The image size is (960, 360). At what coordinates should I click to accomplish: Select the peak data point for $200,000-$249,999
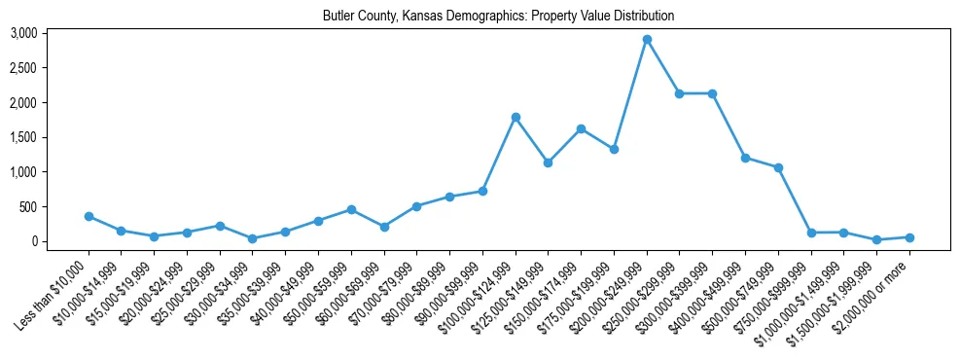pos(647,40)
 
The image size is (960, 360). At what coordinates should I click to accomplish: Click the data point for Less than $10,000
pos(89,216)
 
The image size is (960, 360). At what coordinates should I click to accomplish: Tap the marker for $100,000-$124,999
pos(516,117)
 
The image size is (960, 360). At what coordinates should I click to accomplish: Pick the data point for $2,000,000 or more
pos(909,237)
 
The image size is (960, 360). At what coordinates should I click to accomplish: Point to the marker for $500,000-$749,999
pos(778,167)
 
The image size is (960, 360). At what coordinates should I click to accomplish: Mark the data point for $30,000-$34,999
pos(253,238)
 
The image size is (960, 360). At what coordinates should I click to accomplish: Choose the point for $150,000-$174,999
pos(581,128)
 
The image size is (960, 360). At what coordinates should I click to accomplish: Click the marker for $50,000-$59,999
pos(351,209)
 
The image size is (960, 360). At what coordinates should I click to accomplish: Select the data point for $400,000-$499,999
pos(745,158)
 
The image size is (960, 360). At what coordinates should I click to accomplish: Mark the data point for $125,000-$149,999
pos(549,162)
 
